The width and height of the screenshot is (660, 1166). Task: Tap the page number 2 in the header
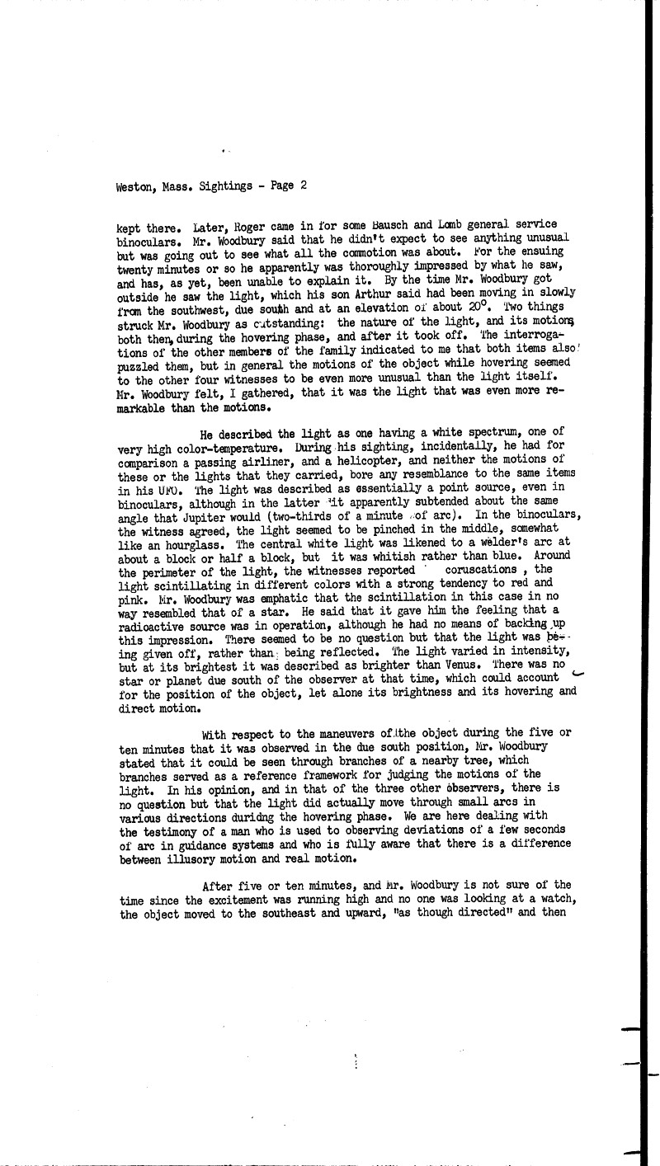304,186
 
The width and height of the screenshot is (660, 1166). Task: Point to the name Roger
247,225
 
